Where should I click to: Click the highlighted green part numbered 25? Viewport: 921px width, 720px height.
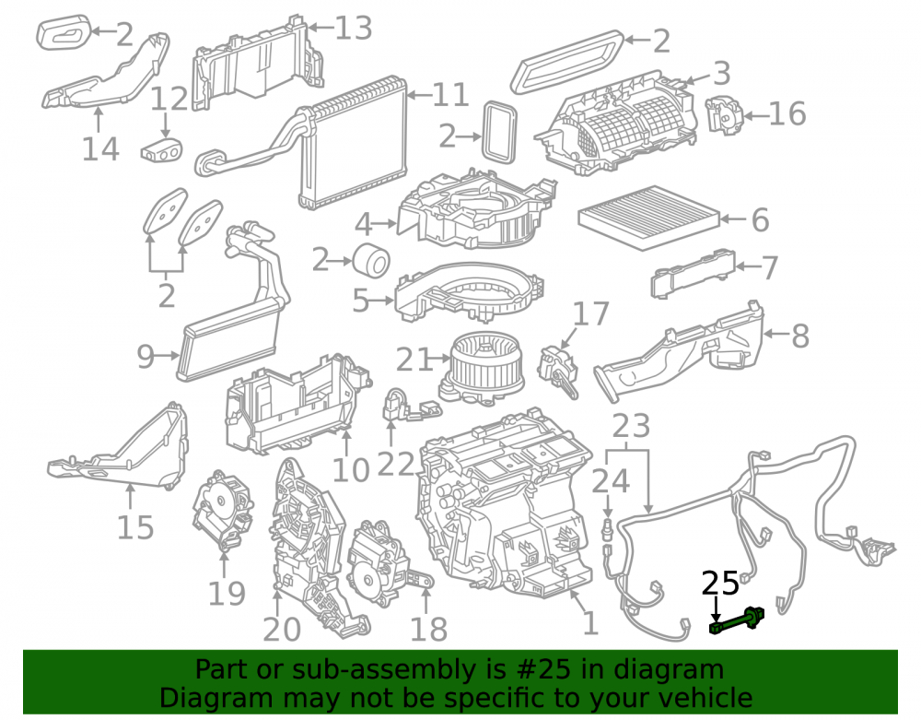pyautogui.click(x=737, y=621)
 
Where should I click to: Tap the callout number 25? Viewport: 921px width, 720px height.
pyautogui.click(x=720, y=584)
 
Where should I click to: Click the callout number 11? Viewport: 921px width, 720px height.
pyautogui.click(x=450, y=95)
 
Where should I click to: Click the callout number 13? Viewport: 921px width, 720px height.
pyautogui.click(x=353, y=29)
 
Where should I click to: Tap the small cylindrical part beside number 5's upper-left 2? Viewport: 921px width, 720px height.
pyautogui.click(x=371, y=260)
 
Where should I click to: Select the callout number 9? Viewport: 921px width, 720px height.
pyautogui.click(x=146, y=356)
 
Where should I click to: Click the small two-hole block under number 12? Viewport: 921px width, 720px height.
pyautogui.click(x=161, y=150)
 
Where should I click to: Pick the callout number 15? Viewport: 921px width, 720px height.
pyautogui.click(x=135, y=527)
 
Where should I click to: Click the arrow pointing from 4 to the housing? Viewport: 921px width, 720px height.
pyautogui.click(x=385, y=224)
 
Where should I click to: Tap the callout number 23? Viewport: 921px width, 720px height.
pyautogui.click(x=631, y=426)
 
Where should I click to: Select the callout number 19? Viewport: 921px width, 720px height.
pyautogui.click(x=227, y=594)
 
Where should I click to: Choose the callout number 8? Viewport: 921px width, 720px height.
pyautogui.click(x=800, y=336)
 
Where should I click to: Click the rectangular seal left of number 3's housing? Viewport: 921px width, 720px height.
pyautogui.click(x=500, y=132)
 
